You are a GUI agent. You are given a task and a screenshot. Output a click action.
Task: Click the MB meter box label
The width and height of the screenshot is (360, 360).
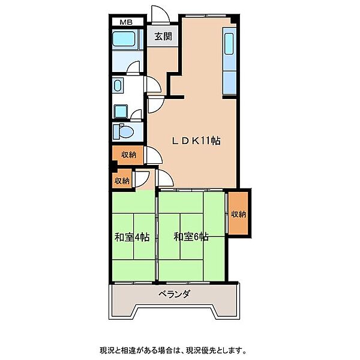(126, 22)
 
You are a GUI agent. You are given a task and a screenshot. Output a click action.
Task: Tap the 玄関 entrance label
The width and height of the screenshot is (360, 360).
(163, 37)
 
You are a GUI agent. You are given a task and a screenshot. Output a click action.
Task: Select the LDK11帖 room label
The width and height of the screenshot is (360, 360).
(197, 140)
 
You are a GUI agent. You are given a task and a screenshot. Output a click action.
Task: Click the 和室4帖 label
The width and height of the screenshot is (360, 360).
(132, 237)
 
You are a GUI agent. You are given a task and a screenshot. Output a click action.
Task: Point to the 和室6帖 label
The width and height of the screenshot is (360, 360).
(191, 237)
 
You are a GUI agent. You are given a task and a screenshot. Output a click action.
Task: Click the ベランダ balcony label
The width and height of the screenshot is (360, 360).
(175, 294)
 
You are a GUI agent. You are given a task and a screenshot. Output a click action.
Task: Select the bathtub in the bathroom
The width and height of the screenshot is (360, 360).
(124, 39)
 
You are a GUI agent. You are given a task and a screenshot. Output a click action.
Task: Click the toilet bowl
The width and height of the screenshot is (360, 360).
(125, 132)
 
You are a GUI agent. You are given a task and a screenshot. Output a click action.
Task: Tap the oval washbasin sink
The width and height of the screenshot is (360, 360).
(118, 85)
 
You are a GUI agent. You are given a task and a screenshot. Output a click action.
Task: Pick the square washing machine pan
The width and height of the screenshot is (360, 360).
(121, 112)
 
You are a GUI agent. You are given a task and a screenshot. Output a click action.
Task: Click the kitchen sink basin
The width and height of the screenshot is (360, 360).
(229, 44)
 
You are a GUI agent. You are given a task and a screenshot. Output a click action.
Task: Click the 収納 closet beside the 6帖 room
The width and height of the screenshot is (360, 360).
(238, 213)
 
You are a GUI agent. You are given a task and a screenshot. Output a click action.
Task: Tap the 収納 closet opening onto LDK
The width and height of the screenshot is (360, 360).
(128, 155)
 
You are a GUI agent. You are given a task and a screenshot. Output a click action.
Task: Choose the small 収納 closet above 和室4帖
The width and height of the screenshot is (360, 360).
(122, 181)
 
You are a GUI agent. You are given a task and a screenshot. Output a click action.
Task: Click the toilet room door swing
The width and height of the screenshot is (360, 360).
(136, 114)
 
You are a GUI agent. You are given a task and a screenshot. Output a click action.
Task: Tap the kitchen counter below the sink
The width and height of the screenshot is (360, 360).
(230, 82)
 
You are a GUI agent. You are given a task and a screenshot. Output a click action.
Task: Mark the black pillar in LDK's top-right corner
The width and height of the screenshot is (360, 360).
(234, 19)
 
